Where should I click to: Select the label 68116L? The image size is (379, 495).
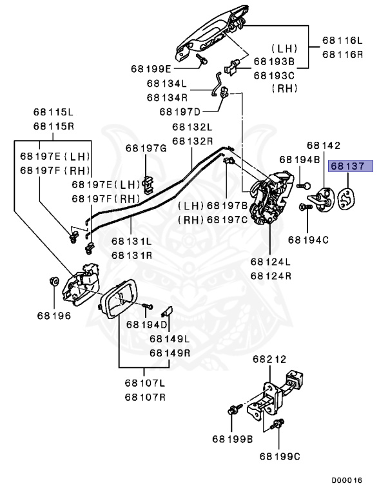click(342, 41)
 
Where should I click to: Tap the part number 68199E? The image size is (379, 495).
click(151, 69)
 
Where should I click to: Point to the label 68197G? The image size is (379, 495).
click(146, 148)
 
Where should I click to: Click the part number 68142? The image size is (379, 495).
click(324, 145)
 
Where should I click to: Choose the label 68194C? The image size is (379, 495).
click(308, 240)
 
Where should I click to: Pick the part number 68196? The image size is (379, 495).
click(54, 316)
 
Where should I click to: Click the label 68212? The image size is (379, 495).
click(269, 359)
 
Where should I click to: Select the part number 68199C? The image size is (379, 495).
click(280, 456)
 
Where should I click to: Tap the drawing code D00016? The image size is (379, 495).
click(347, 480)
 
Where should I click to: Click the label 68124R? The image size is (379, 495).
click(271, 276)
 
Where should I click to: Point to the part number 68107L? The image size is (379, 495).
click(144, 383)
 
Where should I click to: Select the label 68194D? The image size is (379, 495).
click(146, 325)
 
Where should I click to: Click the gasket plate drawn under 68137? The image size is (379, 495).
click(346, 199)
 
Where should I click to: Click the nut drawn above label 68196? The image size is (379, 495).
click(53, 280)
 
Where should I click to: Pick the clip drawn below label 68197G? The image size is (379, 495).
click(148, 185)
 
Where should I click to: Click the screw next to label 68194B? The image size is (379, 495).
click(304, 186)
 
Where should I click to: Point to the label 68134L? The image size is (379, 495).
click(166, 83)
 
